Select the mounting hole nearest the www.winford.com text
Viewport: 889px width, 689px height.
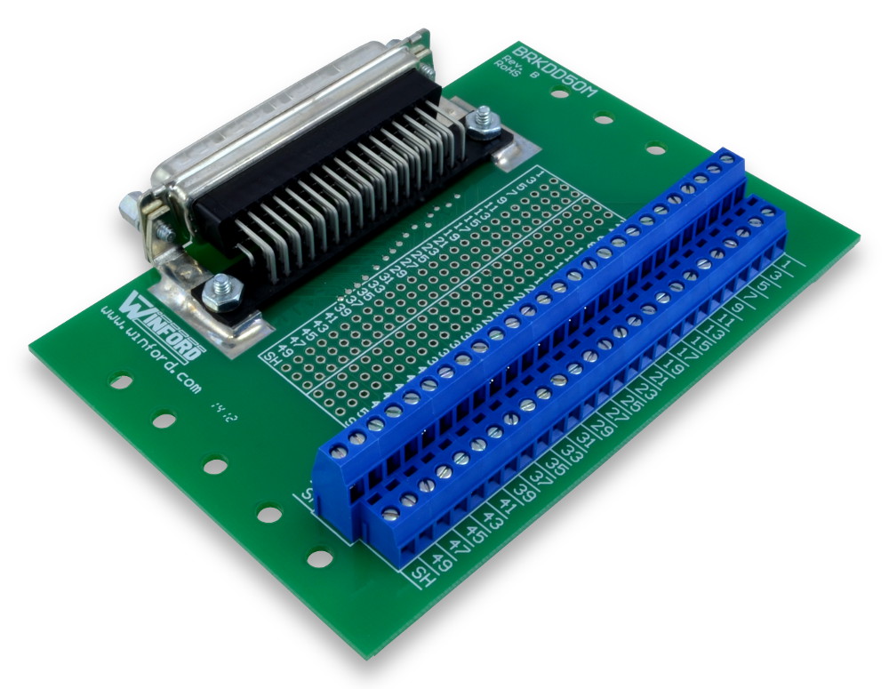(119, 382)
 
